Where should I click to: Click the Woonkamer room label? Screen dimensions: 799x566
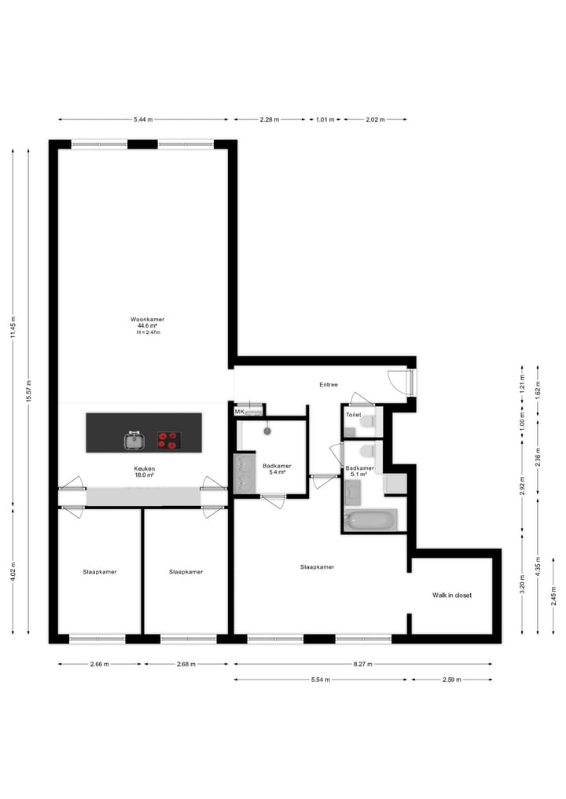click(x=147, y=320)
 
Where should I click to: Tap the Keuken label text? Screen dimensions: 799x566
click(x=144, y=469)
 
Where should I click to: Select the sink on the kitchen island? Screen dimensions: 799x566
click(x=135, y=441)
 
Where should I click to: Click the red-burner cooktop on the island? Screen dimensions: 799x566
click(x=168, y=441)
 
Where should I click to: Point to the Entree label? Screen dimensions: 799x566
click(x=328, y=385)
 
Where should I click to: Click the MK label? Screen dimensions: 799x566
click(x=239, y=412)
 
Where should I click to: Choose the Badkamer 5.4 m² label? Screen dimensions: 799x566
click(x=277, y=469)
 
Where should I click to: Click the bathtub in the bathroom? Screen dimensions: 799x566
click(x=370, y=520)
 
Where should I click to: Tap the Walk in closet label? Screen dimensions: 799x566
click(x=452, y=596)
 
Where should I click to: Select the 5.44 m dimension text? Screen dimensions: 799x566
click(x=143, y=119)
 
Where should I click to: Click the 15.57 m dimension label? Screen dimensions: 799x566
click(x=28, y=390)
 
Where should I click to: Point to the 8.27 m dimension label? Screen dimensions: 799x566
click(x=362, y=664)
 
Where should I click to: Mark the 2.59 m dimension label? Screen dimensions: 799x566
click(x=451, y=679)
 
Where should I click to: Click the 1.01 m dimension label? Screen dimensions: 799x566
click(x=325, y=119)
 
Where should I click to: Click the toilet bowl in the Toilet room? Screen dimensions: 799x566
click(x=366, y=422)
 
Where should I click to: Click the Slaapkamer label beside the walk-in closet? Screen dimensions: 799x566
click(x=318, y=566)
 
